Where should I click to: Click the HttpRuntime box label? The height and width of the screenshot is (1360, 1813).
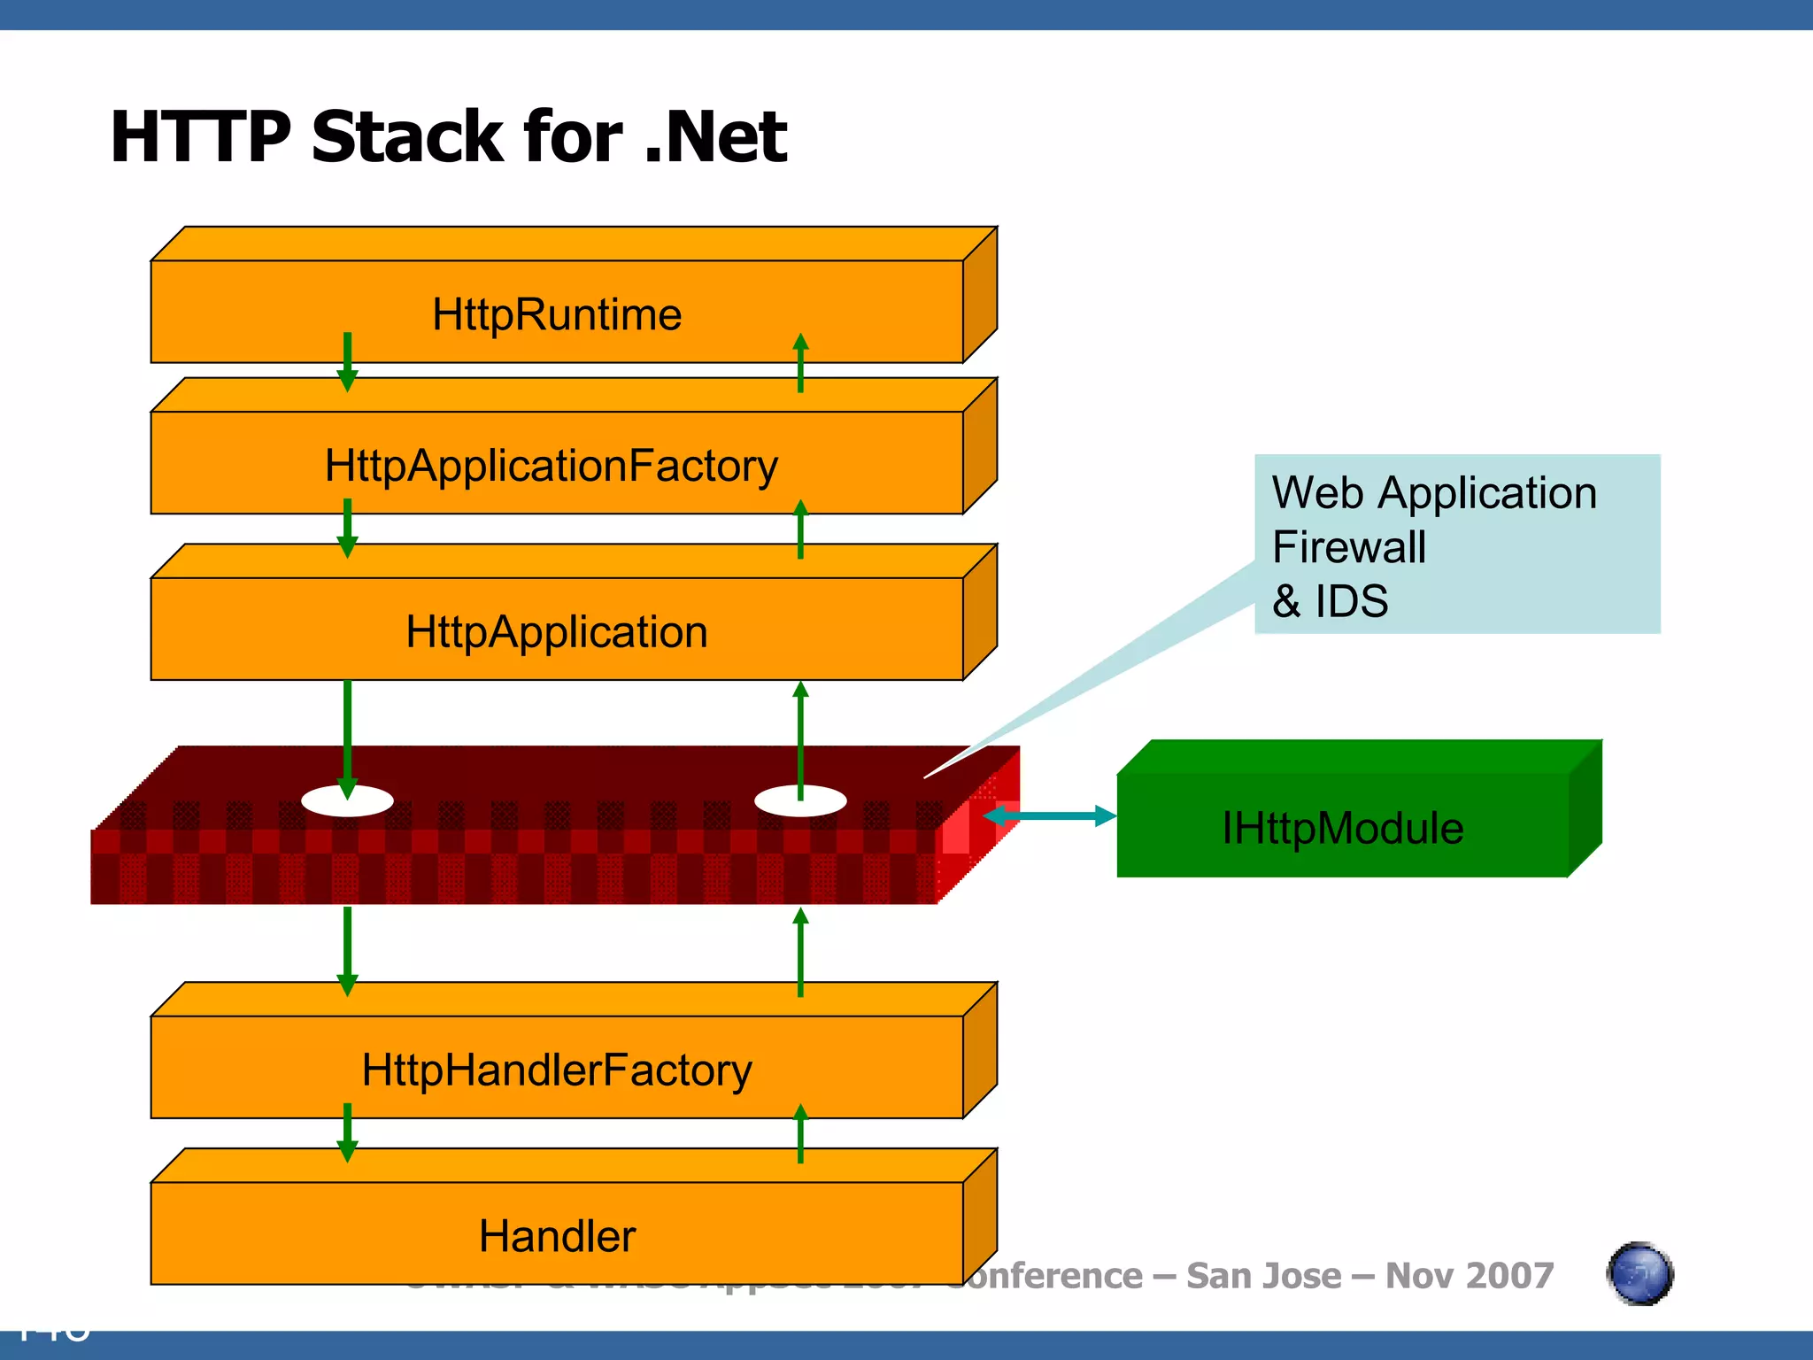pos(557,315)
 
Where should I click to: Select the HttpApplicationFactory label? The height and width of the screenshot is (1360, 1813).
pos(552,466)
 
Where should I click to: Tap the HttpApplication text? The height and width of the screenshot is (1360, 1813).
pos(557,632)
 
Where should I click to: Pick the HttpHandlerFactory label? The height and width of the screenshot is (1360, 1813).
pos(557,1070)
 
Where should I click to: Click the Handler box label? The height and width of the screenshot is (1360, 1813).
pos(557,1236)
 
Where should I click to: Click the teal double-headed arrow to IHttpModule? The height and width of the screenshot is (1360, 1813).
pos(1050,815)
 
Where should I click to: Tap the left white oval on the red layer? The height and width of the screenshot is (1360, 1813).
pos(347,801)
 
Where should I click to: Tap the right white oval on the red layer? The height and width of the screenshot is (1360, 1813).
pos(800,801)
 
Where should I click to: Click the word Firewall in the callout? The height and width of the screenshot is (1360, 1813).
pos(1349,547)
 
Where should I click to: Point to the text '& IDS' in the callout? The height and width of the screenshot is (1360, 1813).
pos(1330,602)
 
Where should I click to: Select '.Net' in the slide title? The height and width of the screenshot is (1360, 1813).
pos(715,137)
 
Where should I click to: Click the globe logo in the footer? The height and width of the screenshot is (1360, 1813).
pos(1639,1274)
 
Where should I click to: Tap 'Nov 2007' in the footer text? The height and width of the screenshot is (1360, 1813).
pos(1470,1276)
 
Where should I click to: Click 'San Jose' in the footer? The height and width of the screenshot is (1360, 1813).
pos(1263,1276)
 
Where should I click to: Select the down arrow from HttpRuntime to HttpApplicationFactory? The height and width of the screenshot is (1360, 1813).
pos(347,361)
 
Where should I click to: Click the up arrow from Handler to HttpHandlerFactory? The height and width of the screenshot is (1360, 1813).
pos(800,1134)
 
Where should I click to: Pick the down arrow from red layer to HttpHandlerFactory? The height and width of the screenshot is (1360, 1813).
pos(347,951)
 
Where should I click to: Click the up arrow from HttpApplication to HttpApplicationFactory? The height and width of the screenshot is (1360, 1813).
pos(800,529)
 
